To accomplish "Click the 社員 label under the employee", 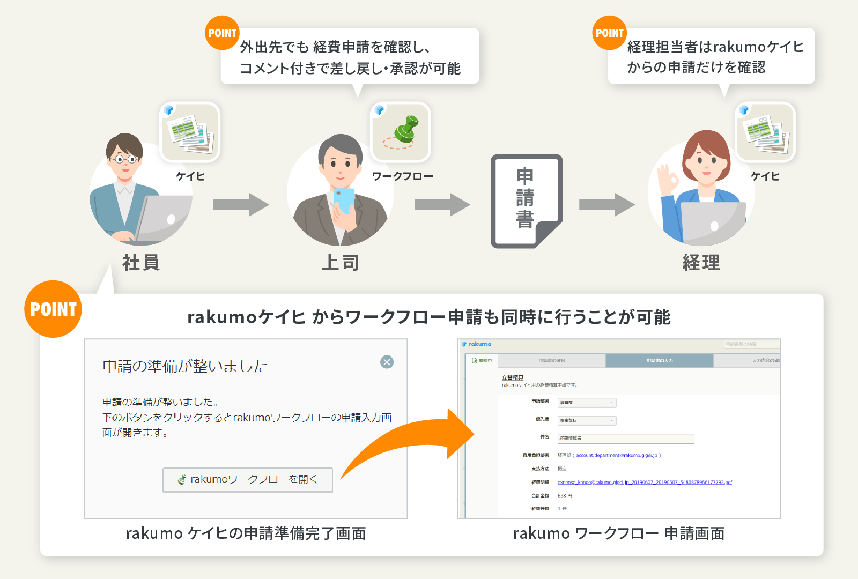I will coord(140,263).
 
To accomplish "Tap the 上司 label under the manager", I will coord(341,263).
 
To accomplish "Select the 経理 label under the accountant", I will coord(701,263).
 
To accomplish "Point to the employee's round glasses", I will coord(125,159).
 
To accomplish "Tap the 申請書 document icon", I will coord(526,201).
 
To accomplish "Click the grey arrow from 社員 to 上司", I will coord(241,204).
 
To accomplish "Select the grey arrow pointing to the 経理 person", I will coord(606,204).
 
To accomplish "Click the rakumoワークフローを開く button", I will coord(248,479).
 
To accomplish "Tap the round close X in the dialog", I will coord(387,362).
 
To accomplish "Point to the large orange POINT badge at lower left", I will coord(53,309).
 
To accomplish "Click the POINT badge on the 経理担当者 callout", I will coord(609,33).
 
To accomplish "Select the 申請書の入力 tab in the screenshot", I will coord(659,361).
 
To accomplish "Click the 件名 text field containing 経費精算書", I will coord(625,439).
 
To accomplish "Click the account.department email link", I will coord(617,456).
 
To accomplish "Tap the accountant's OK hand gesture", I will coord(668,180).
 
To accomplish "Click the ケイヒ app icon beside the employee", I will coord(190,132).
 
